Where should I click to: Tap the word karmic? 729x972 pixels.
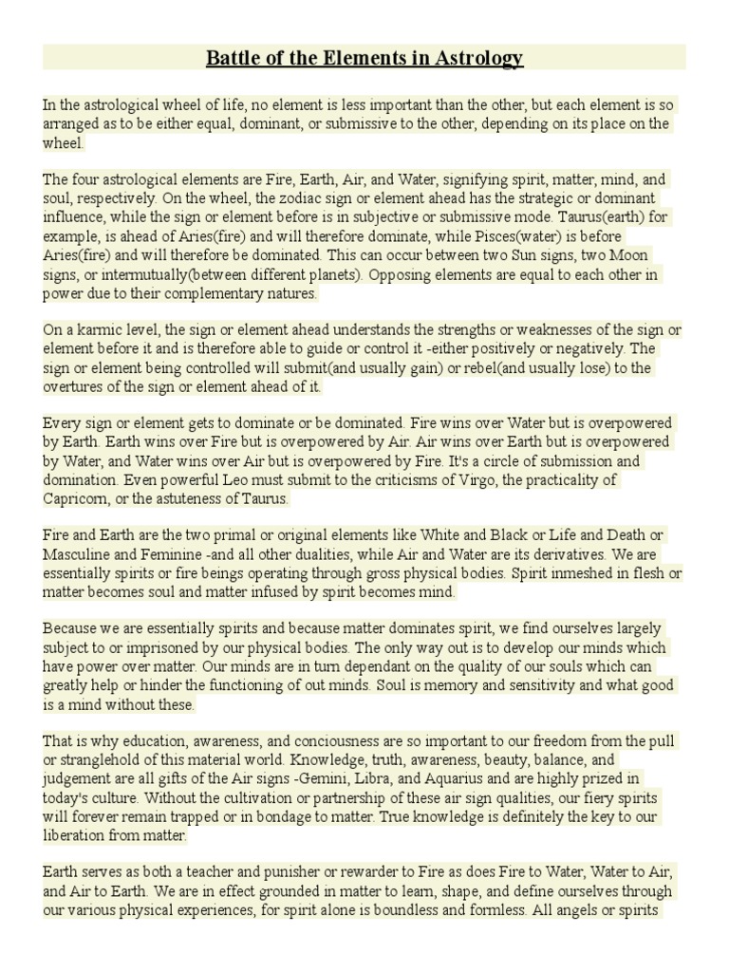click(x=100, y=330)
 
